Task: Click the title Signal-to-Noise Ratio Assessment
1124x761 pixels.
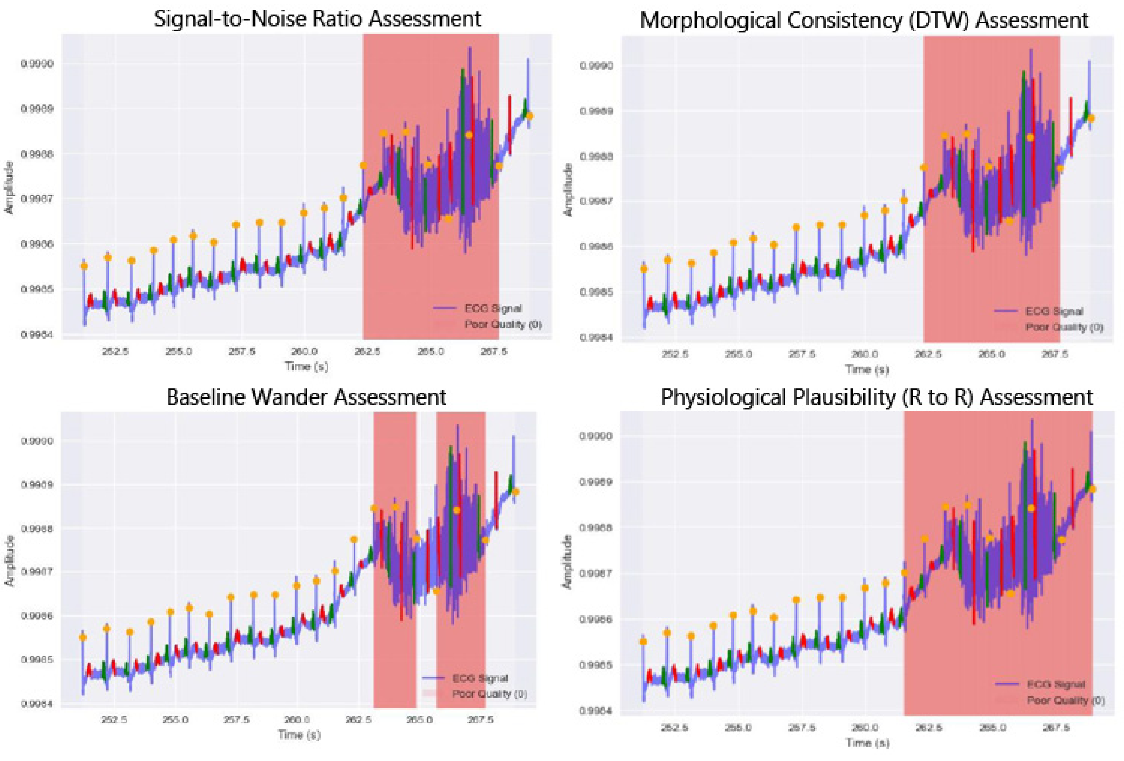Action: [x=317, y=19]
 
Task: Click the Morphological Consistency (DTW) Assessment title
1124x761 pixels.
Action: [x=864, y=20]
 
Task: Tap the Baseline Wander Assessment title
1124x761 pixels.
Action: [x=306, y=397]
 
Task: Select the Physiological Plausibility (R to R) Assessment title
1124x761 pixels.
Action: [x=876, y=397]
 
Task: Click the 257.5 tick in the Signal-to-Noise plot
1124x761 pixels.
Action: [x=242, y=352]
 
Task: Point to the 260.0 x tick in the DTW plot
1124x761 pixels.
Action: [x=864, y=354]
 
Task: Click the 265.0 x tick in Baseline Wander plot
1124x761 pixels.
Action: [x=419, y=719]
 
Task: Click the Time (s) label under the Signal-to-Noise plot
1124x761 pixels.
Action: [x=306, y=367]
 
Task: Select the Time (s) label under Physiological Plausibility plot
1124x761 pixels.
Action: [x=867, y=743]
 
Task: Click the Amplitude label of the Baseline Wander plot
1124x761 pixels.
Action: [x=9, y=561]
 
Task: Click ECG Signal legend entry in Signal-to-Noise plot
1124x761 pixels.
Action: [x=493, y=308]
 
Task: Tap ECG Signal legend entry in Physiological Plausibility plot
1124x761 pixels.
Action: [x=1056, y=684]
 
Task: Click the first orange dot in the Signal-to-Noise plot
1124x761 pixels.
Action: [x=84, y=266]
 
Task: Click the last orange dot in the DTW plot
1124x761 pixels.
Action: [x=1091, y=118]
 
